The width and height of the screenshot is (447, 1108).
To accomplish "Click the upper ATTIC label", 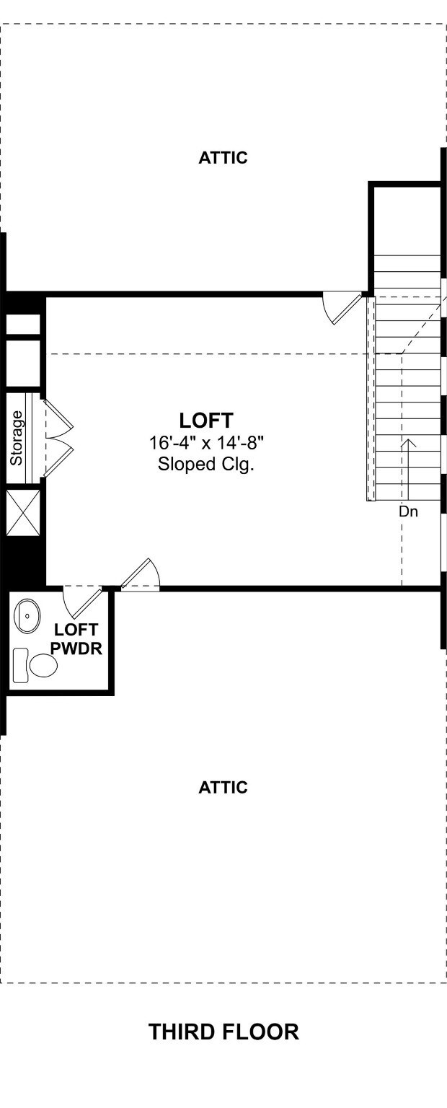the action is point(223,158).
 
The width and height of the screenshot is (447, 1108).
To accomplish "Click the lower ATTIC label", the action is point(223,787).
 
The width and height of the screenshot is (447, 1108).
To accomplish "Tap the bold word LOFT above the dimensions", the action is point(205,421).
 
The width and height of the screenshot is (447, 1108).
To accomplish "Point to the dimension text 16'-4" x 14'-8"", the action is point(205,443).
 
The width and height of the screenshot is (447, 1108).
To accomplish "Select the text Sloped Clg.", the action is point(205,465).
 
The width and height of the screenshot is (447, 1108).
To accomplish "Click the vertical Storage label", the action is point(17,438).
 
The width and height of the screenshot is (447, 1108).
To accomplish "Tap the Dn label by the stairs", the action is point(409,511).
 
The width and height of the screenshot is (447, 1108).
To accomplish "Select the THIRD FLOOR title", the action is point(223,1032).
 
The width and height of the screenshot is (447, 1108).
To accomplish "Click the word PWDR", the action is point(76,648).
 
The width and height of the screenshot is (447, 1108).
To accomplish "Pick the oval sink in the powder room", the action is point(27,616).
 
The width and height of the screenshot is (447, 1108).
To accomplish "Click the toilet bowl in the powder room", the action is point(43,665).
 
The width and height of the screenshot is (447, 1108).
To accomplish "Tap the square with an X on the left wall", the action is point(23,512).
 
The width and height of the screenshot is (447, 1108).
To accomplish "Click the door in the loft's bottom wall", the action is point(141,575).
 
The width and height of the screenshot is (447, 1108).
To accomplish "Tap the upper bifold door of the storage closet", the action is point(58,418).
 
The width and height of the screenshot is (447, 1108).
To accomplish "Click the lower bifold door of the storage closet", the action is point(58,458).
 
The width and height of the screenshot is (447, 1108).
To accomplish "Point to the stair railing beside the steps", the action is point(371,399).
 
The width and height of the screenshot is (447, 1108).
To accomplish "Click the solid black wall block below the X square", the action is point(23,561).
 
